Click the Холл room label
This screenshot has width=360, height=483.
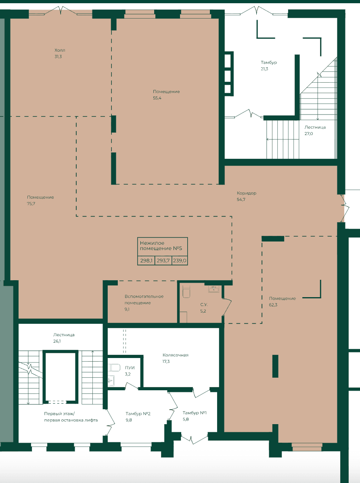point(60,50)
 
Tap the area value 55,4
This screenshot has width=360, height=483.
point(157,98)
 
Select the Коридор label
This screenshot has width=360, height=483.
point(247,193)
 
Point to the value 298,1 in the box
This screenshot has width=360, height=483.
point(146,260)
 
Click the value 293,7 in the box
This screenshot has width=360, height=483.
point(163,260)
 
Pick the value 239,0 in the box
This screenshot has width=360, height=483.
point(180,260)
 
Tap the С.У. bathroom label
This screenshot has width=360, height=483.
point(203,305)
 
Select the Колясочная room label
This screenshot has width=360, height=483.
point(175,355)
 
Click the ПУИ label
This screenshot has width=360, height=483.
point(130,368)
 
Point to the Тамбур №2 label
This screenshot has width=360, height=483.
point(138,413)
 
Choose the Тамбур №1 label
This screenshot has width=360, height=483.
point(195,413)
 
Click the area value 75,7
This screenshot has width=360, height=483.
point(31,204)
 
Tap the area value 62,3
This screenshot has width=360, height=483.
point(273,305)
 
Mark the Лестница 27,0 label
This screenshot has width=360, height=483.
point(315,130)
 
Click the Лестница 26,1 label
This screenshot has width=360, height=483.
point(64,338)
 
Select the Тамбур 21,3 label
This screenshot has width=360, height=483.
point(269,66)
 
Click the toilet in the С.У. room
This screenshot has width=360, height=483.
point(186,292)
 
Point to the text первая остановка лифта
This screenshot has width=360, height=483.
point(71,420)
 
